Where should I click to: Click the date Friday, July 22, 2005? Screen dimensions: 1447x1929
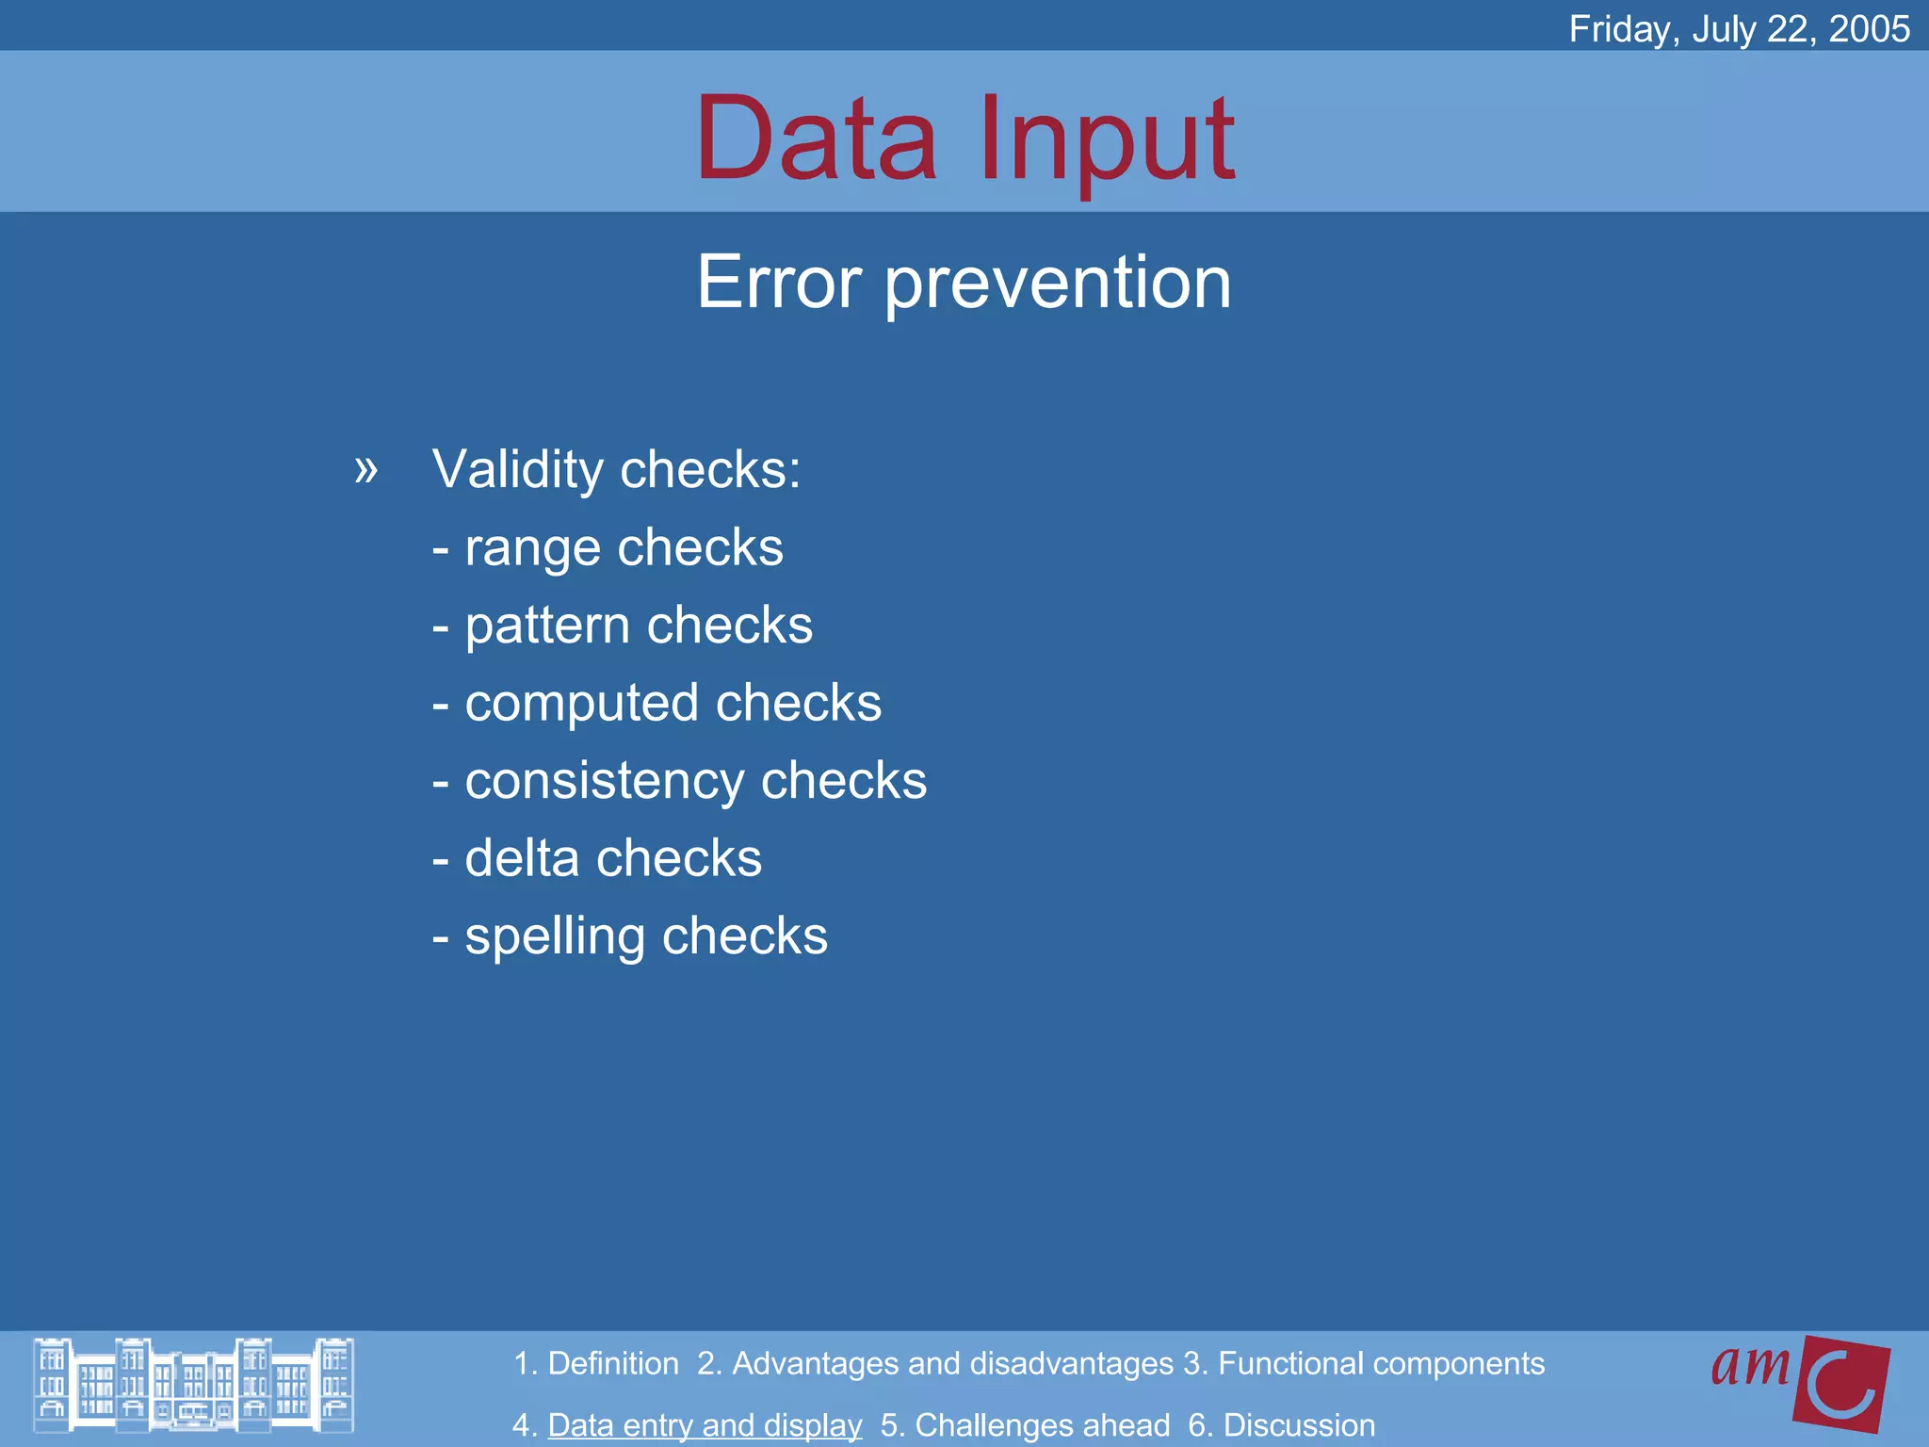click(1739, 29)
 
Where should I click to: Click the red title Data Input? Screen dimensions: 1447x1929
click(964, 138)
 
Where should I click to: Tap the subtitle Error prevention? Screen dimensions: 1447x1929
click(964, 282)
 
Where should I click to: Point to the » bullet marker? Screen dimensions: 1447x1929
click(365, 468)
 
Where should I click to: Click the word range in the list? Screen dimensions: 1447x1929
click(532, 548)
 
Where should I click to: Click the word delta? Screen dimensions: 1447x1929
click(521, 858)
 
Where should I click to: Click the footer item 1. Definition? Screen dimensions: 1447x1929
click(595, 1363)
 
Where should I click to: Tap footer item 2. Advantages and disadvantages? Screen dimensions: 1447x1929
click(935, 1363)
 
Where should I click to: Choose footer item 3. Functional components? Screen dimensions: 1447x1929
click(1364, 1363)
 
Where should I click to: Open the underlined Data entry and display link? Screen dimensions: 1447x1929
click(705, 1424)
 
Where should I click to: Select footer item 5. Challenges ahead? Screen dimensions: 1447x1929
click(1025, 1424)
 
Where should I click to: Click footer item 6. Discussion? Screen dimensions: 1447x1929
click(1281, 1424)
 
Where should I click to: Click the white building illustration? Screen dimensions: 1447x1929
click(193, 1385)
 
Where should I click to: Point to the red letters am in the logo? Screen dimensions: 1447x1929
click(1750, 1365)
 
